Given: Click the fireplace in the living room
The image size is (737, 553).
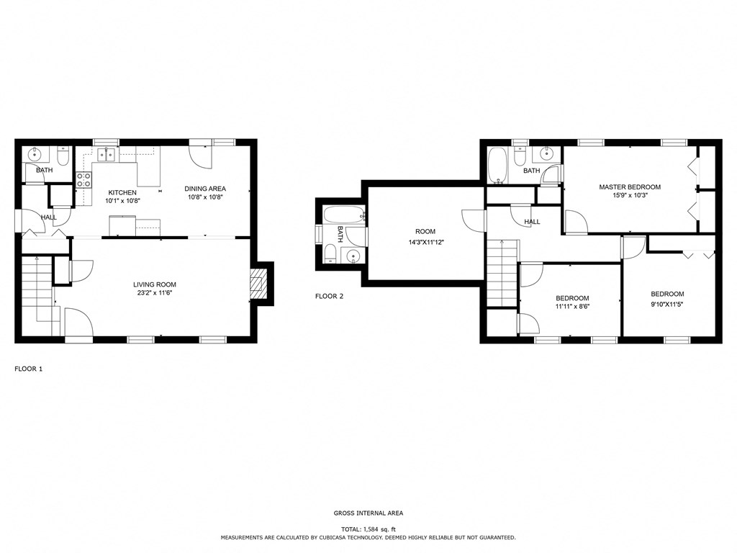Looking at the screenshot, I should click(x=258, y=284).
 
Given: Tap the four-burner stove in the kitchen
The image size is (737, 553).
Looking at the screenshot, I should click(x=83, y=179).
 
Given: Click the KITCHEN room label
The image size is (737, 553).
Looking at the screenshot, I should click(x=122, y=192).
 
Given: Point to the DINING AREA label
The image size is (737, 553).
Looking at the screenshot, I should click(x=205, y=189).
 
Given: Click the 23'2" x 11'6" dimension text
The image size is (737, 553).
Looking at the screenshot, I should click(x=155, y=293).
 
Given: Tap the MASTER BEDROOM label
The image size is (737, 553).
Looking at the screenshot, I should click(x=630, y=186).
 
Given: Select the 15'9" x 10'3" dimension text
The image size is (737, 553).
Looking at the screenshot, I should click(x=630, y=195).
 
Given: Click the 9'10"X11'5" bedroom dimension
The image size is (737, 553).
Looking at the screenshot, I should click(x=667, y=304).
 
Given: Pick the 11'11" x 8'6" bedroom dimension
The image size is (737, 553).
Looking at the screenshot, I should click(x=572, y=307).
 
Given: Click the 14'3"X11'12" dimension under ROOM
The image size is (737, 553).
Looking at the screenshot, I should click(x=425, y=242).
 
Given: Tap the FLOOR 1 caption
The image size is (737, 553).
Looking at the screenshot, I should click(x=29, y=369).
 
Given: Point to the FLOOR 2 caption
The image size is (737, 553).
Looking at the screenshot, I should click(x=330, y=296).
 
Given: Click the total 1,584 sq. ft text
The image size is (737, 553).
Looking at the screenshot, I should click(x=368, y=529).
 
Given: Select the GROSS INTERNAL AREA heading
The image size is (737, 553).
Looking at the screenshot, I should click(x=368, y=513).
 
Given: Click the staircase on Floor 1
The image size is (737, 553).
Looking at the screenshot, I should click(x=37, y=292).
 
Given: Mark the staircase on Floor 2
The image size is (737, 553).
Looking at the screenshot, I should click(x=502, y=274).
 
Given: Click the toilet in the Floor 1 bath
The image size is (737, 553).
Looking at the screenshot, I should click(x=63, y=156).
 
